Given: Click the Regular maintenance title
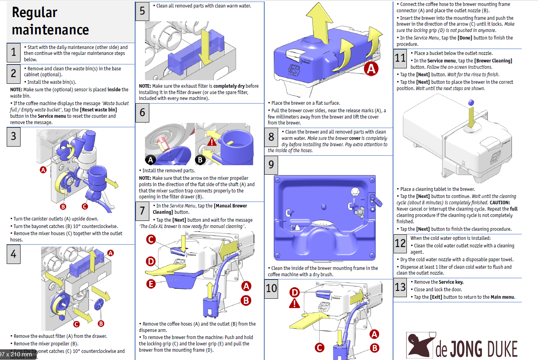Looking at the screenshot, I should point(50,21).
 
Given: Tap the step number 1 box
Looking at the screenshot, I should point(13,52).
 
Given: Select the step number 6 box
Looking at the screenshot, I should point(142,113).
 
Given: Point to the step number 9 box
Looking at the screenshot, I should point(271,164).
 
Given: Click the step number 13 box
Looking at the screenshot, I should point(400,286).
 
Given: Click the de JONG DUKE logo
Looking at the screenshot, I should point(462,346).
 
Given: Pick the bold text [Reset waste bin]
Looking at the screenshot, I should point(98,110).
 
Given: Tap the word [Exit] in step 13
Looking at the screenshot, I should point(436,297).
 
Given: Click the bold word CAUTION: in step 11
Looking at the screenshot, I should point(500,203).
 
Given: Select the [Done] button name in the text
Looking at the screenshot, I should point(465,38).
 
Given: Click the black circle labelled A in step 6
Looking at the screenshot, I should point(150,160).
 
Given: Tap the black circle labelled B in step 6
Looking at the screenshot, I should point(200,160).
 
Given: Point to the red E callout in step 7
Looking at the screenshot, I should point(150,283).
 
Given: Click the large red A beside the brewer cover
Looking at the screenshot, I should point(371,69).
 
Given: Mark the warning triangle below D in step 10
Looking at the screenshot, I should point(294,303).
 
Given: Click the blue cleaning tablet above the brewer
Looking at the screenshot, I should point(471,103).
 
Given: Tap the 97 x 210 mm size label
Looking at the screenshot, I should point(16,354).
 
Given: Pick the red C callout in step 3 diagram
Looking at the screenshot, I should point(85,206).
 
